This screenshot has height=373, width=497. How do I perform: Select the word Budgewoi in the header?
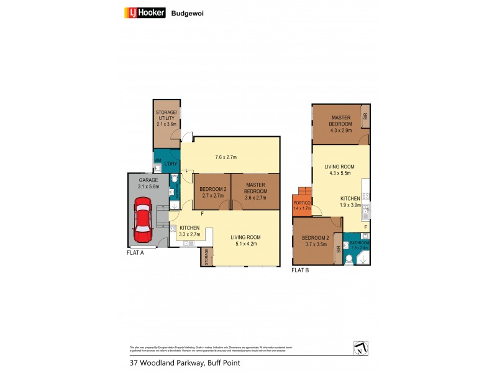pyautogui.click(x=188, y=12)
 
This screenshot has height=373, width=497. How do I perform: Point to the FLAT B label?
pyautogui.click(x=301, y=270)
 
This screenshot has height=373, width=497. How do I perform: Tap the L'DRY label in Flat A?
pyautogui.click(x=170, y=163)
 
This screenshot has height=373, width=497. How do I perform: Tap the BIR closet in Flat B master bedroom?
pyautogui.click(x=366, y=116)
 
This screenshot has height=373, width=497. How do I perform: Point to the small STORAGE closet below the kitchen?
pyautogui.click(x=207, y=257)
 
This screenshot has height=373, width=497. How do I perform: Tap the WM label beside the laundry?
pyautogui.click(x=157, y=160)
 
